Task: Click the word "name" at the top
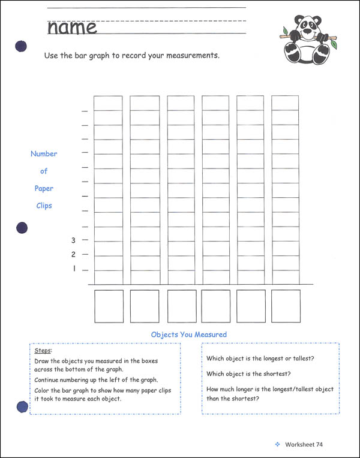[72, 27]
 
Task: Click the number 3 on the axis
[73, 240]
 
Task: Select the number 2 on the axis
[73, 255]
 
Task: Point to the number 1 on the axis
[74, 269]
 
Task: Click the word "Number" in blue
[44, 154]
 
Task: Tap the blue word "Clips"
[44, 206]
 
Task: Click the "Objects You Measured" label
[188, 335]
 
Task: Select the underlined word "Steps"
[43, 350]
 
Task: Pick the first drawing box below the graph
[109, 306]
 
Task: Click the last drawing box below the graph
[286, 306]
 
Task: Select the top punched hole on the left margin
[20, 47]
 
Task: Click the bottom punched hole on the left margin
[22, 408]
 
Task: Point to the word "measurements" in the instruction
[188, 56]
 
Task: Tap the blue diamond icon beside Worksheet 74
[277, 444]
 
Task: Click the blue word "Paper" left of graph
[44, 188]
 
